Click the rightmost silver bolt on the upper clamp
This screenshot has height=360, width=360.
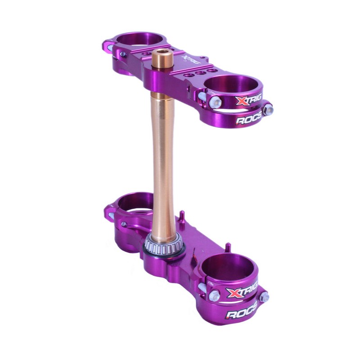pos(268,108)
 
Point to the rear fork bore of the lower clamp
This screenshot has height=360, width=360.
pos(135,202)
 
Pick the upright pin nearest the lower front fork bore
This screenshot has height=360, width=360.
pos(228,247)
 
